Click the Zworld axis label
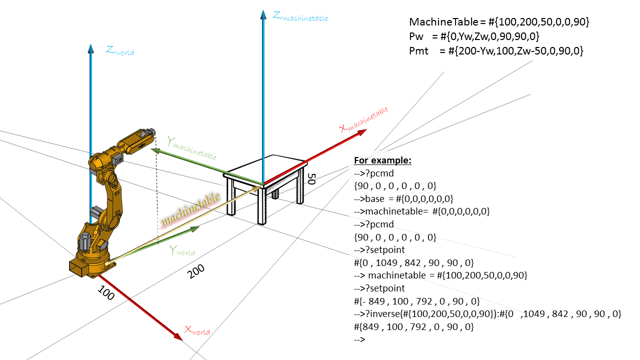120,50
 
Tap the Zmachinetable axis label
300,16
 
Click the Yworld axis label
182,250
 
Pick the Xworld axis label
197,330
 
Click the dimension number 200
196,271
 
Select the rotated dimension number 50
311,179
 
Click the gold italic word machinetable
190,208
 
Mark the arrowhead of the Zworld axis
90,48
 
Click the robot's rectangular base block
83,266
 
